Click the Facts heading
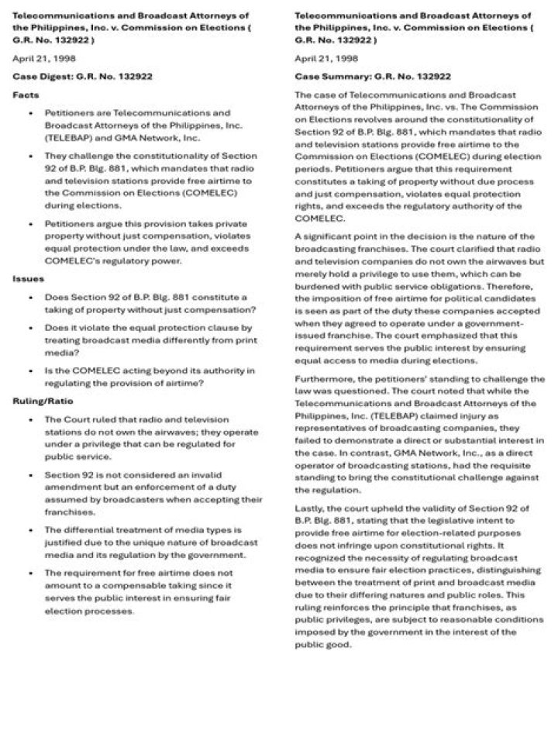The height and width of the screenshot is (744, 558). [x=25, y=95]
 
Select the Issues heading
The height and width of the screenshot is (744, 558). [x=28, y=278]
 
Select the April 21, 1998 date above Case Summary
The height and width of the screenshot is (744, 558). [x=326, y=58]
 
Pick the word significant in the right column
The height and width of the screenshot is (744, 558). [x=329, y=236]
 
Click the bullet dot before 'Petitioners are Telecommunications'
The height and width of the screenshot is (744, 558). [x=30, y=113]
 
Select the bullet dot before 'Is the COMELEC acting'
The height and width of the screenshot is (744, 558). [x=30, y=370]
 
